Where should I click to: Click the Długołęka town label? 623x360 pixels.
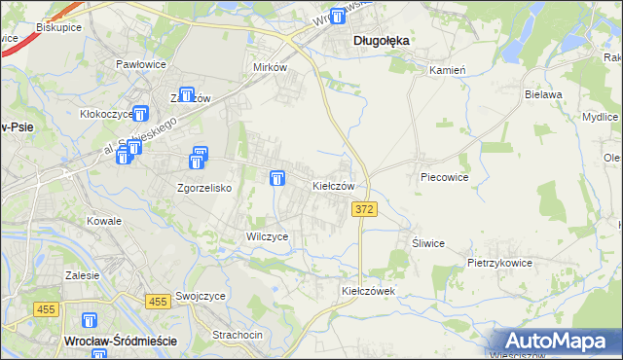coord(380,41)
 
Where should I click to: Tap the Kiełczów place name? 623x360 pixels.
coord(338,185)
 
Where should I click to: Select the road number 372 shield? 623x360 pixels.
coord(364,209)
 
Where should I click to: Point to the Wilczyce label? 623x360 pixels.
coord(267,236)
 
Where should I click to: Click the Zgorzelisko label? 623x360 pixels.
coord(203,188)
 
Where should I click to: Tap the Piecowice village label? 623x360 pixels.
coord(444,178)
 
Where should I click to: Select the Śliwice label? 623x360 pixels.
coord(428,243)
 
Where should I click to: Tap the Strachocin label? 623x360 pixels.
coord(238,335)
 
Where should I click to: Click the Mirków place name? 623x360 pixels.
coord(270,68)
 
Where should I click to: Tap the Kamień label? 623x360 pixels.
coord(448,70)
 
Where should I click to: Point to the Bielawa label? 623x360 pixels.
coord(543,94)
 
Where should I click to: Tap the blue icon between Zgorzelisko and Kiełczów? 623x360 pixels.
coord(277,178)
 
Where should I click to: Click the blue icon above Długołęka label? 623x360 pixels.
coord(338,16)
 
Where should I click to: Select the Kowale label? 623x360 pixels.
coord(103,221)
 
